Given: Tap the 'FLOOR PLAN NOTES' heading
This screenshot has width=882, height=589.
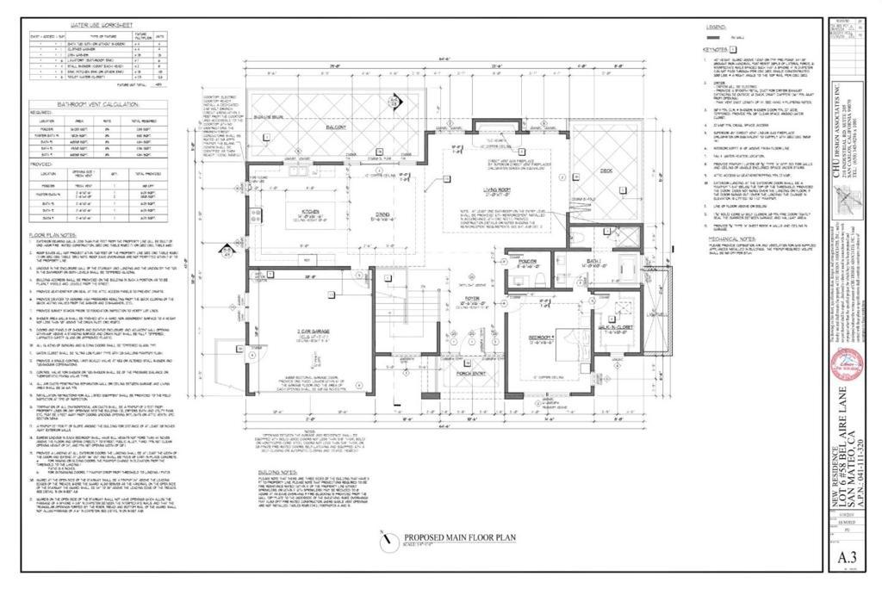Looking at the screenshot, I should [53, 233].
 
